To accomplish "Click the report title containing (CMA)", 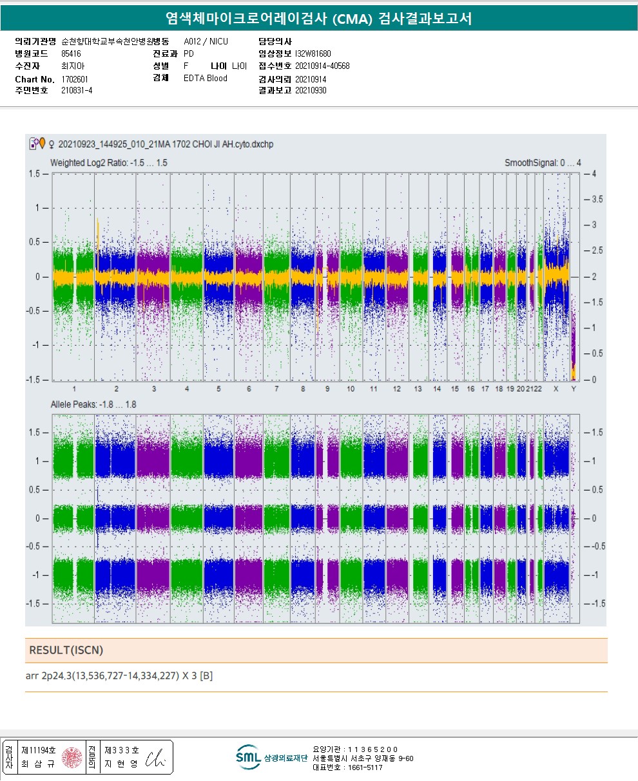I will pos(318,19).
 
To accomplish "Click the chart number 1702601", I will pos(75,79).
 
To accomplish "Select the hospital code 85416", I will pos(71,54).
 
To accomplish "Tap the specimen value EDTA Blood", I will pos(206,79).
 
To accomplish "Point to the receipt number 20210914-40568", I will pos(322,66).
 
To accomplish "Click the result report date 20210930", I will pos(311,91).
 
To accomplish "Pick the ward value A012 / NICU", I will pos(206,42).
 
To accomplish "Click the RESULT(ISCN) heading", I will pos(66,650).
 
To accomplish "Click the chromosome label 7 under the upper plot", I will pos(276,390).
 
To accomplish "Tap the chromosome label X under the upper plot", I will pos(556,390).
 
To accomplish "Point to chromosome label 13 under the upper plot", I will pos(418,390).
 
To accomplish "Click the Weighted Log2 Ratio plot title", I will pos(109,163).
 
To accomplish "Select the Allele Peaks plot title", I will pos(93,404).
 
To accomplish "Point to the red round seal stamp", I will pos(72,758).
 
